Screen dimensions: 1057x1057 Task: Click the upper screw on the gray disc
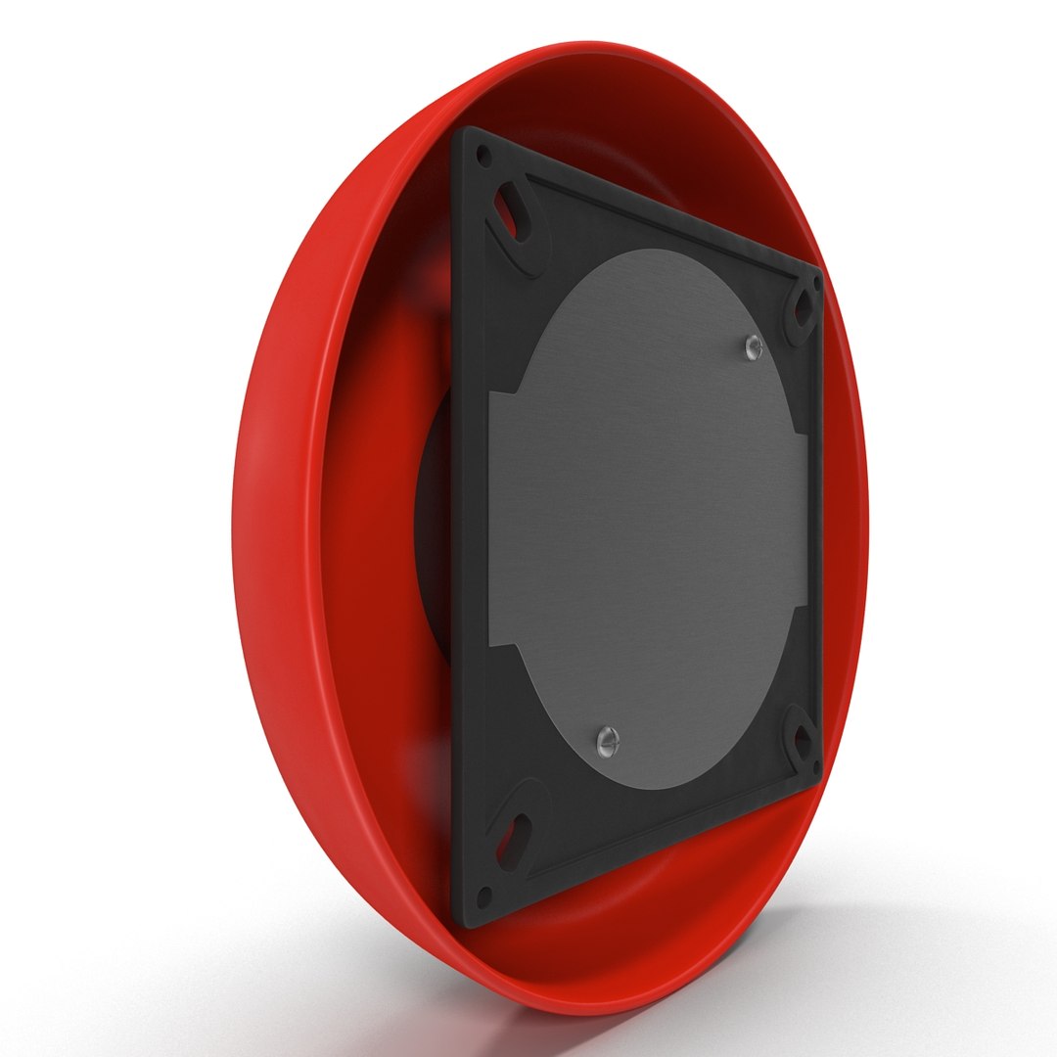coord(752,345)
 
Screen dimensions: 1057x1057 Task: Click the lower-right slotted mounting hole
coord(802,742)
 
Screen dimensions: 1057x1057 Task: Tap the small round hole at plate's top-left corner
coord(482,155)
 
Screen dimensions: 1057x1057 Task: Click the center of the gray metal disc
coord(646,519)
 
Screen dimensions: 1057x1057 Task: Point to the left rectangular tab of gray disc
coord(501,519)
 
